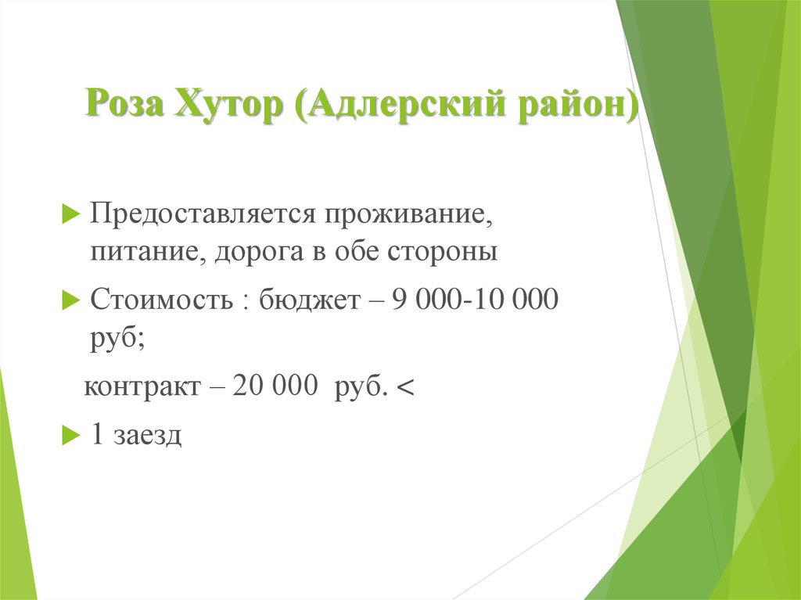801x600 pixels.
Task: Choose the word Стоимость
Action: click(161, 299)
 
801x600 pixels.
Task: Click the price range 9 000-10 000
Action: click(478, 299)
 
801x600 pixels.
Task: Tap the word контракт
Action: click(141, 387)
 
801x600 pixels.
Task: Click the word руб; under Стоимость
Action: click(116, 338)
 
